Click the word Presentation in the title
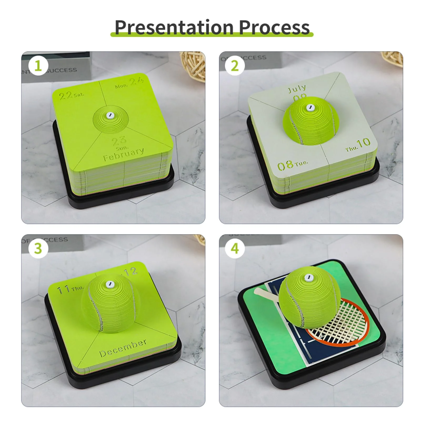(x=174, y=27)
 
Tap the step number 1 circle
(x=38, y=66)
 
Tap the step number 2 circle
(x=235, y=66)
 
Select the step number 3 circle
(x=38, y=248)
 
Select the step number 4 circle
(x=235, y=248)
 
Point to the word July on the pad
(x=297, y=89)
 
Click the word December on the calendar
(x=123, y=348)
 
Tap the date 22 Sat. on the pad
(x=71, y=95)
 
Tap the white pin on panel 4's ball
(x=308, y=277)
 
